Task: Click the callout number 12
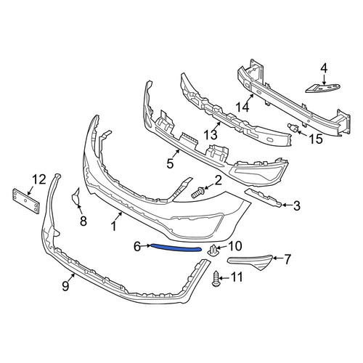39,179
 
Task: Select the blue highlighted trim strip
176,248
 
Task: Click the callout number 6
137,247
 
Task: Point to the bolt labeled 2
198,192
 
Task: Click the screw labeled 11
216,279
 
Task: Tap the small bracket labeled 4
323,89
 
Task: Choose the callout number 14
242,107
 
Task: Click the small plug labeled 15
293,128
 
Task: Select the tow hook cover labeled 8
76,197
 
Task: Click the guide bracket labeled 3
263,198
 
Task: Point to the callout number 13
211,134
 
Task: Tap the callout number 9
65,285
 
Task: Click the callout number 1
113,227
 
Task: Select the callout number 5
170,163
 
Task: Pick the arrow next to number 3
287,205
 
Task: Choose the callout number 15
316,139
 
